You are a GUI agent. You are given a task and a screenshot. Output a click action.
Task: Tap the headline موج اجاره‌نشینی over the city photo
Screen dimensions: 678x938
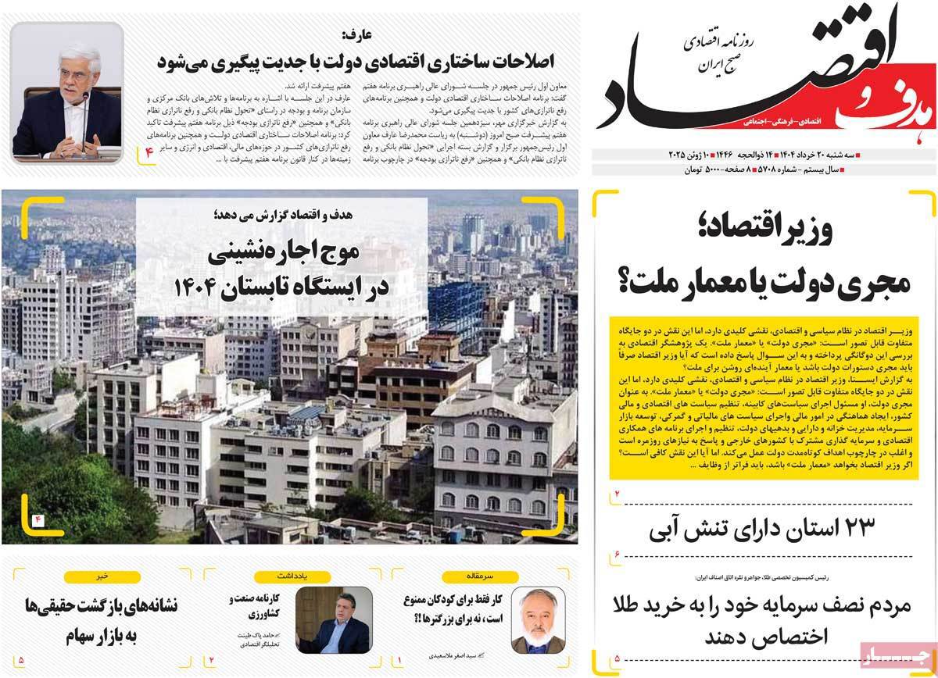[281, 254]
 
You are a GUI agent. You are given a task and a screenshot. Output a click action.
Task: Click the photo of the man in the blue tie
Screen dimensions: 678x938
[334, 619]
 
